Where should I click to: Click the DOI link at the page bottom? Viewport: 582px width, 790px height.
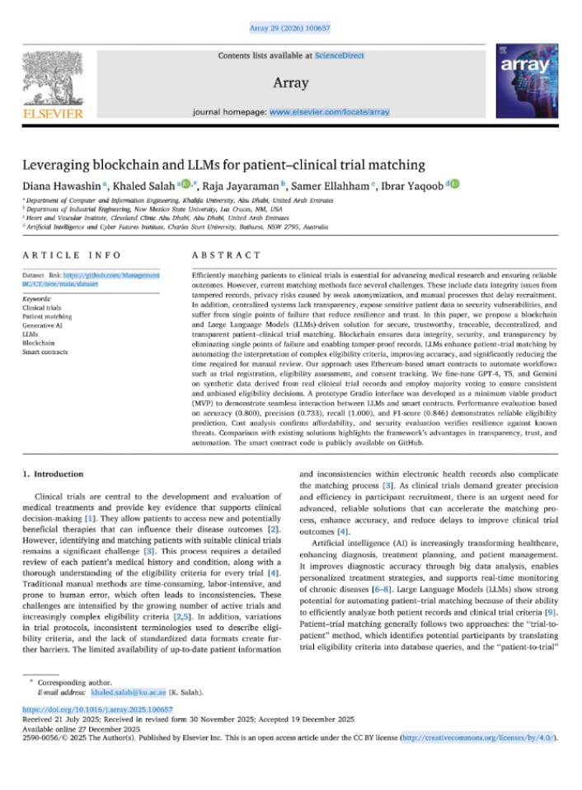click(97, 708)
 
